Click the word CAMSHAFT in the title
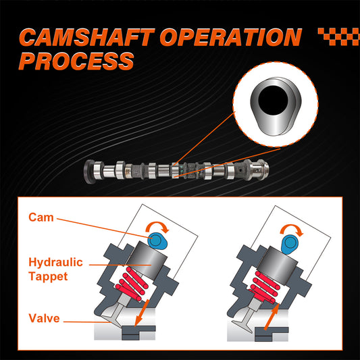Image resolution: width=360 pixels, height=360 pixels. point(87,37)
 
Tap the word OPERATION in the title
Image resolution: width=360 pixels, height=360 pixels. point(231,37)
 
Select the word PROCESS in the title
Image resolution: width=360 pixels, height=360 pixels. point(76,61)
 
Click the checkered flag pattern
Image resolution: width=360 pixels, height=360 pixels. point(339,36)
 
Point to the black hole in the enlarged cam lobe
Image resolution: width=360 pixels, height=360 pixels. point(273,101)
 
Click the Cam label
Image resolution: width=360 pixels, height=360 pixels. point(41,217)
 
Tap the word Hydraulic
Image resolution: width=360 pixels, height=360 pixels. point(55,262)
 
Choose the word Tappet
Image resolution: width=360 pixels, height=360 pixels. point(48,276)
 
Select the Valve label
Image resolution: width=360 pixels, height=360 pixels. point(44,318)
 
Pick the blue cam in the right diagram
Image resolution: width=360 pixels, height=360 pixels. point(290,244)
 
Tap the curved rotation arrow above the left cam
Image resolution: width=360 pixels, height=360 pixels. point(157,225)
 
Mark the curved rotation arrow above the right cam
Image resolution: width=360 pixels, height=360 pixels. point(292,228)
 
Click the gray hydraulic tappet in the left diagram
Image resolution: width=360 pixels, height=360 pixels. point(147,261)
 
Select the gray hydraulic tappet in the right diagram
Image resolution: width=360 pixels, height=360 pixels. point(278,265)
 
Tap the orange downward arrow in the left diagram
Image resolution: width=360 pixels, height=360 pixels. point(142,313)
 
